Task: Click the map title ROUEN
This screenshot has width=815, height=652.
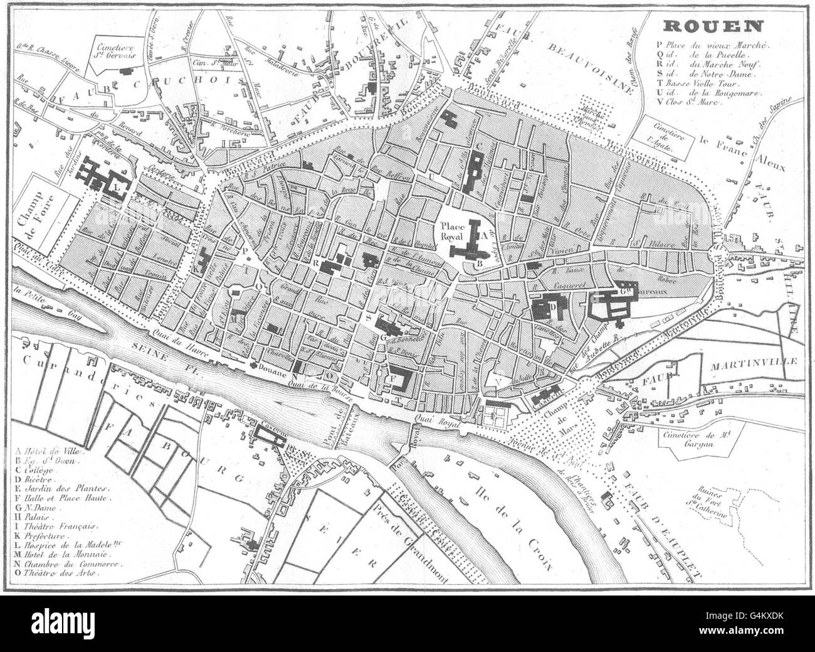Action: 713,26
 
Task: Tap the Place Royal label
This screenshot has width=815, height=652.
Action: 455,232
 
